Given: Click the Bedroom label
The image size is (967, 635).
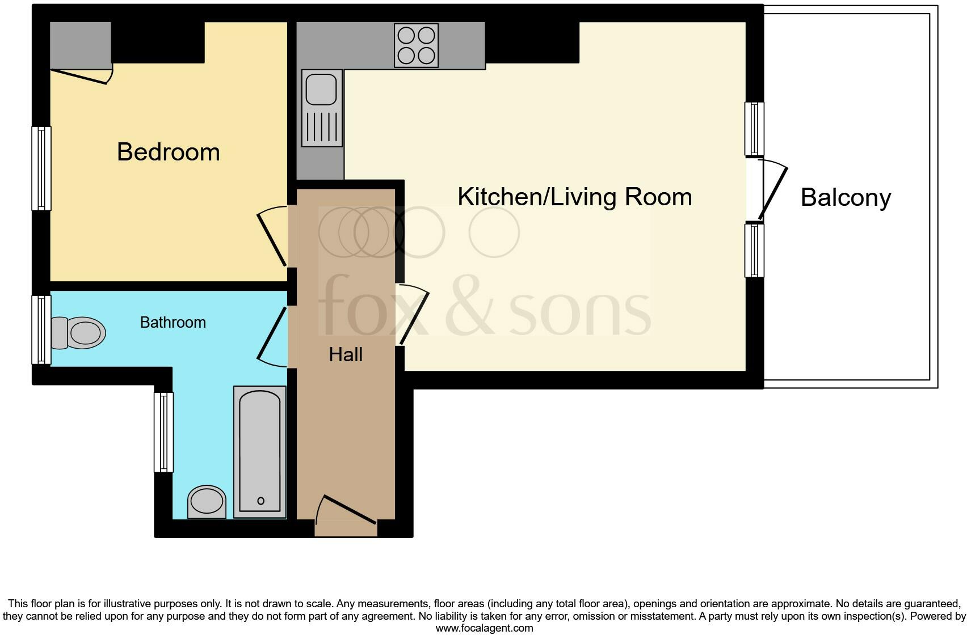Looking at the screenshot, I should [x=168, y=152].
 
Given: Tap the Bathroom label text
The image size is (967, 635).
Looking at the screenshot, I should [x=173, y=322].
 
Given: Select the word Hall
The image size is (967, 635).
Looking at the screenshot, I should [x=345, y=355].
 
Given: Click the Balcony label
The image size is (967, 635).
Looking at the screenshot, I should [x=845, y=197].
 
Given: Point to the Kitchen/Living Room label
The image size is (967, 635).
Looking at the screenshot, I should [x=574, y=197].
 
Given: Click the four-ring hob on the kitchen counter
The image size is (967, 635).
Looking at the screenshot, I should [x=416, y=45].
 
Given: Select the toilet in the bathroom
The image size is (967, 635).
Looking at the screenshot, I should [x=79, y=332].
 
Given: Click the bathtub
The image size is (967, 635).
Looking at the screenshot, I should [x=259, y=451].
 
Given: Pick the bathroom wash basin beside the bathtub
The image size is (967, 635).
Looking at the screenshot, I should [x=207, y=501].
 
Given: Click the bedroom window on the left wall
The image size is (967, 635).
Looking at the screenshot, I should [x=41, y=168].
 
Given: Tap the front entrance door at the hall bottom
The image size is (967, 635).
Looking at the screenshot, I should [x=346, y=510].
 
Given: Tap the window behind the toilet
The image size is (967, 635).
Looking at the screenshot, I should [x=41, y=329].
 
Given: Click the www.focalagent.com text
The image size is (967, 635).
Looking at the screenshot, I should [x=483, y=628].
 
